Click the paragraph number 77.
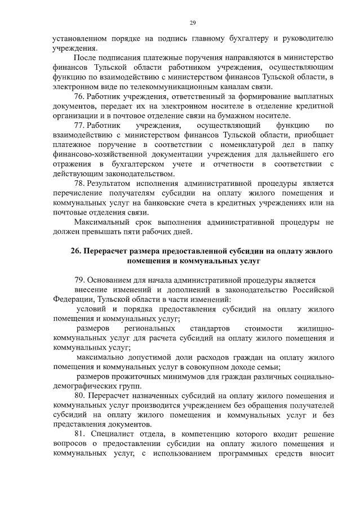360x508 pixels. tap(79, 124)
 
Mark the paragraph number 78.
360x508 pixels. tap(79, 183)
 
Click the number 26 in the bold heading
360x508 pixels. tap(76, 251)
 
